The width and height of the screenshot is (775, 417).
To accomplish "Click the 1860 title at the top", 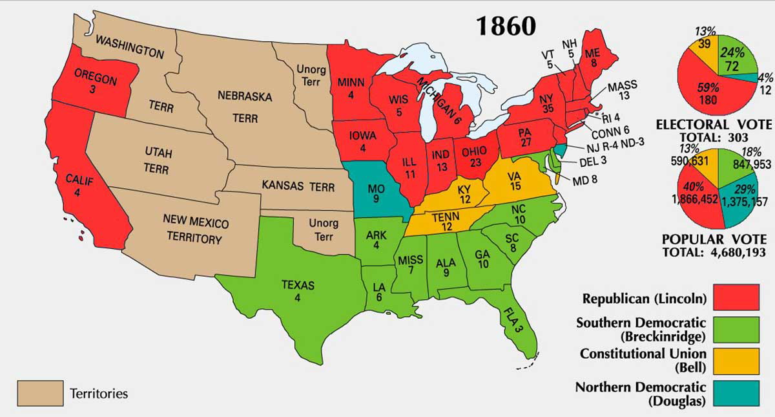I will pos(506,25).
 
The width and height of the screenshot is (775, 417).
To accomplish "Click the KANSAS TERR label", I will pos(298,187).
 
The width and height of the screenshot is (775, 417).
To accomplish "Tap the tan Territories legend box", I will pos(40,393).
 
